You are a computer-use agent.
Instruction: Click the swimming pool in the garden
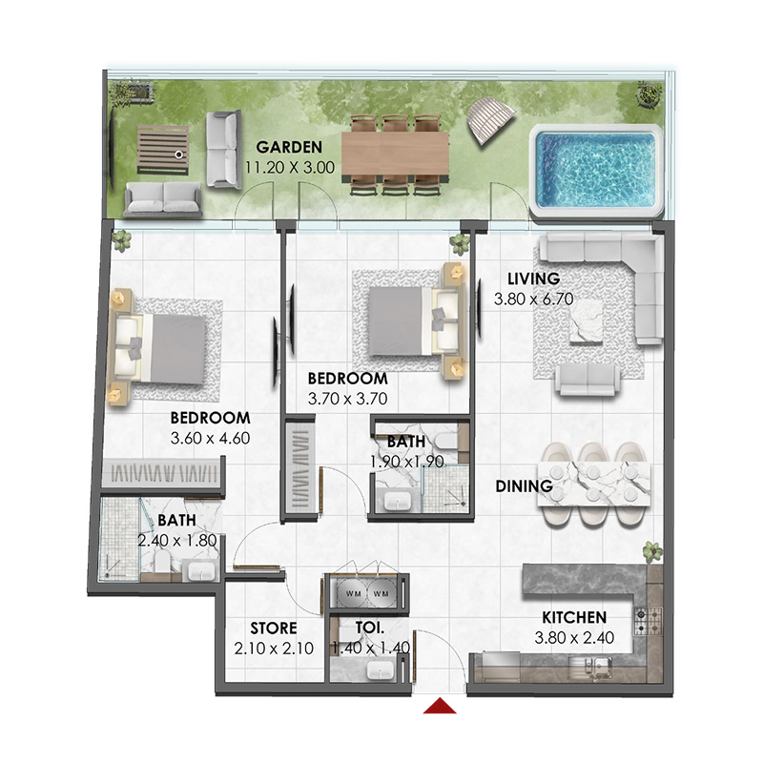click(x=596, y=168)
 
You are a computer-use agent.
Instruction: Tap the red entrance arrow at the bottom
click(x=441, y=706)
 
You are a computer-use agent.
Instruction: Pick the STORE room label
click(x=274, y=629)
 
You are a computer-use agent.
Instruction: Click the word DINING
click(x=525, y=486)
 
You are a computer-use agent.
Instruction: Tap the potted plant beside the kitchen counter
click(x=651, y=551)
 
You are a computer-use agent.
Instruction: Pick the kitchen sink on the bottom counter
click(x=603, y=665)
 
